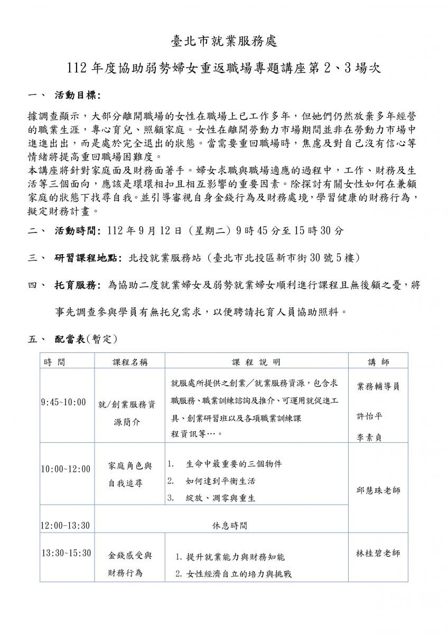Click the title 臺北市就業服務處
click(224, 41)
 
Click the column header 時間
click(55, 362)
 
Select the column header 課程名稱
click(130, 362)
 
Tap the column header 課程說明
click(256, 362)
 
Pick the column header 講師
click(378, 362)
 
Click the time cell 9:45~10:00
click(63, 403)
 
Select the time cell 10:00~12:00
click(66, 469)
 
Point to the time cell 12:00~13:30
click(66, 525)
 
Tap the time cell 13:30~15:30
click(66, 553)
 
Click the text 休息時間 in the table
click(228, 526)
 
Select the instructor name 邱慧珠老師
click(378, 490)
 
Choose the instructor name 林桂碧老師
click(378, 553)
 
